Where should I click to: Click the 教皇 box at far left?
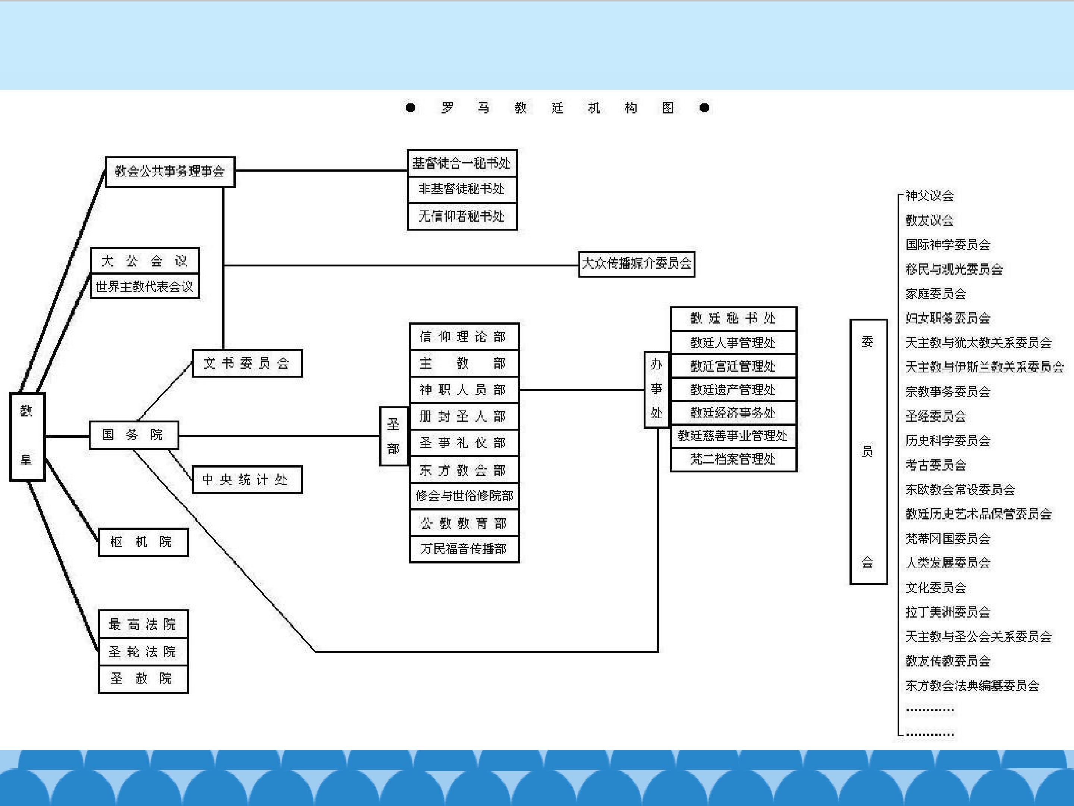pyautogui.click(x=27, y=436)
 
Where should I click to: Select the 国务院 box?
pyautogui.click(x=134, y=435)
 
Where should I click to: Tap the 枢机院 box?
pyautogui.click(x=143, y=542)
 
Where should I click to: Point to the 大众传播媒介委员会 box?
pyautogui.click(x=637, y=264)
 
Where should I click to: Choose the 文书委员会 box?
pyautogui.click(x=246, y=363)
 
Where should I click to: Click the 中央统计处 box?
pyautogui.click(x=246, y=479)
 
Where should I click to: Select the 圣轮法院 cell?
pyautogui.click(x=143, y=652)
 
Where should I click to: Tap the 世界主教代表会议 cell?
pyautogui.click(x=144, y=286)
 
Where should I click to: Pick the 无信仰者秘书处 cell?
pyautogui.click(x=462, y=216)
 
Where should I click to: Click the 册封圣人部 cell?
pyautogui.click(x=464, y=416)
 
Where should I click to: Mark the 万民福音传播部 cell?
pyautogui.click(x=464, y=549)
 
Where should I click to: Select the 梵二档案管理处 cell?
pyautogui.click(x=733, y=459)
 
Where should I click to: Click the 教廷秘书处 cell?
pyautogui.click(x=733, y=319)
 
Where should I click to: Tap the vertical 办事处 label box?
pyautogui.click(x=656, y=390)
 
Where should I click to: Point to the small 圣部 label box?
pyautogui.click(x=393, y=436)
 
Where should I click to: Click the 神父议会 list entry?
pyautogui.click(x=929, y=196)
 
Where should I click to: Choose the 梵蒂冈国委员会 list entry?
pyautogui.click(x=947, y=538)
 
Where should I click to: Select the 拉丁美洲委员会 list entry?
pyautogui.click(x=947, y=612)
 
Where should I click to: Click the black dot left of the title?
pyautogui.click(x=410, y=108)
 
